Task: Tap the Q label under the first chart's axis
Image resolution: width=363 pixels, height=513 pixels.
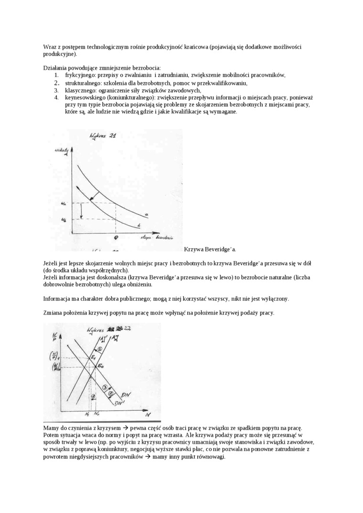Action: tap(116, 237)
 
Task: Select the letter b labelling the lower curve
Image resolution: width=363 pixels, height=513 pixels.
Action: tap(139, 224)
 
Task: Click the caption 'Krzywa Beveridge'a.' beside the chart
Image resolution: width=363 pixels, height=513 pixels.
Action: tap(210, 249)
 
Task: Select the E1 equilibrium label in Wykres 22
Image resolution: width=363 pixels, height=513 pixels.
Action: tap(94, 356)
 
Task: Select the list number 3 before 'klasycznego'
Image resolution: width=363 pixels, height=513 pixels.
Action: tap(56, 90)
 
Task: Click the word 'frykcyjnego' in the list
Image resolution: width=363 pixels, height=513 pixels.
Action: tap(80, 75)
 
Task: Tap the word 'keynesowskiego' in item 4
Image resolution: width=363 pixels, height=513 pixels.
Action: tap(85, 97)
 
